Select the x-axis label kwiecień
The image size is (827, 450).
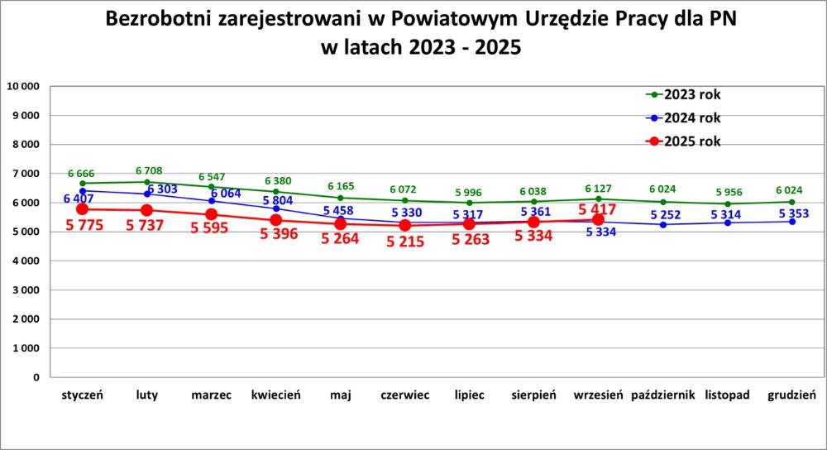[x=275, y=395]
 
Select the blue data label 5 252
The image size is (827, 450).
[x=664, y=215]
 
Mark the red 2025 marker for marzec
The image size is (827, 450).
[x=211, y=214]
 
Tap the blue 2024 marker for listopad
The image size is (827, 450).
[x=727, y=223]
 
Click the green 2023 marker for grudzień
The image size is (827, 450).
[x=791, y=202]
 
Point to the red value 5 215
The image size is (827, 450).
[x=404, y=242]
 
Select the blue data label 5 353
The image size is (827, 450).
[x=791, y=215]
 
